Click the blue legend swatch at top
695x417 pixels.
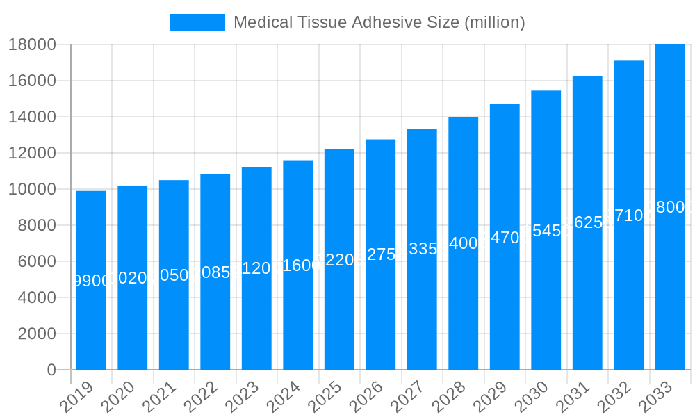(x=197, y=22)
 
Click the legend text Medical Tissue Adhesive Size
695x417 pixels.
(x=379, y=22)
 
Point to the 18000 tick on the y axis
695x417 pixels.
(x=32, y=44)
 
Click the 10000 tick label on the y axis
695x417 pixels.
(x=32, y=189)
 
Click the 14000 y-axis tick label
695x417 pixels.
(x=32, y=117)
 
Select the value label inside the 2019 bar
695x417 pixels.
(x=91, y=281)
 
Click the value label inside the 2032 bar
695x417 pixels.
(x=628, y=215)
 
